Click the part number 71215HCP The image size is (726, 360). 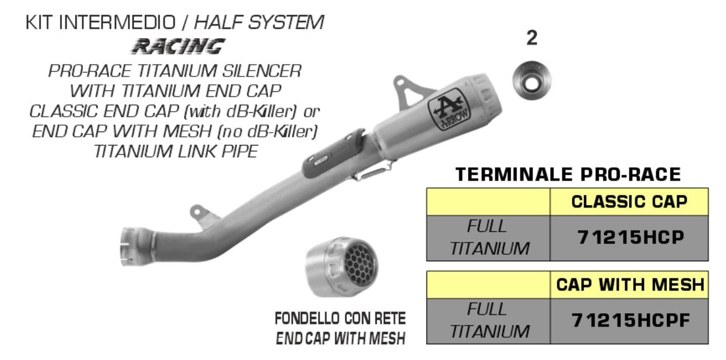click(628, 238)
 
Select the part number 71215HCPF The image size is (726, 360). click(628, 321)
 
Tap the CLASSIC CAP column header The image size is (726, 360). click(628, 202)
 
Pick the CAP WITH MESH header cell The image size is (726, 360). click(629, 285)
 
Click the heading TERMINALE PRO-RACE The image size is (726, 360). click(568, 174)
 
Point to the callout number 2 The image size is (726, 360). click(532, 39)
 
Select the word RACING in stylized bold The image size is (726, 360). click(178, 46)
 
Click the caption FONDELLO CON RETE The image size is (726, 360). click(341, 319)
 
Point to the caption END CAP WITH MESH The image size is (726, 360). click(341, 338)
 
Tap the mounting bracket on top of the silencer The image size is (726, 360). click(412, 88)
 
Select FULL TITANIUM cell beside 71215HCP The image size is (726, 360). click(488, 238)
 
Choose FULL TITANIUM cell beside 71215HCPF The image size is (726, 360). click(488, 321)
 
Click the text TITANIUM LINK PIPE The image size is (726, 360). click(175, 151)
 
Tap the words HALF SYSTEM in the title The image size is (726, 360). click(259, 22)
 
